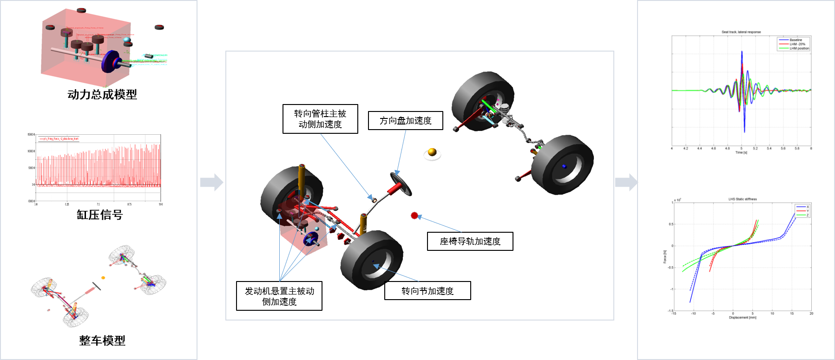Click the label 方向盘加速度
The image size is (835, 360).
point(405,121)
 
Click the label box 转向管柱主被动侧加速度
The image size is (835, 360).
point(320,119)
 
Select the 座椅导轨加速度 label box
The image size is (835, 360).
point(470,242)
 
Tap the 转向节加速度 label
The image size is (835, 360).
point(427,290)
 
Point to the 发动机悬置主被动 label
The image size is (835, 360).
point(279,290)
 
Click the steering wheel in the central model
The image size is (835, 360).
point(401,183)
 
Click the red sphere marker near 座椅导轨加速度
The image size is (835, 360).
point(414,216)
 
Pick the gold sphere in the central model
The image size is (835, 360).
point(432,152)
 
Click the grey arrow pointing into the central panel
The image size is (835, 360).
point(212,182)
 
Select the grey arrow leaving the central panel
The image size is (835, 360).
point(626,182)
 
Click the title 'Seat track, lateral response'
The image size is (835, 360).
point(741,32)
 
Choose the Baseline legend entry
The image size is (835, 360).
point(796,40)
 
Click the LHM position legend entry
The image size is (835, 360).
point(799,48)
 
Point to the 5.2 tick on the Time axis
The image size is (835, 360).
point(755,149)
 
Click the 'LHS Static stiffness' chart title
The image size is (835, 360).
point(742,199)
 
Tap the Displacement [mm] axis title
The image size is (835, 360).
point(742,318)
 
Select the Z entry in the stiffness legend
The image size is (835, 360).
point(807,215)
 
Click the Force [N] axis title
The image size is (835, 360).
point(665,257)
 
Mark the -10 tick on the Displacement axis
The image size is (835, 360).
point(693,314)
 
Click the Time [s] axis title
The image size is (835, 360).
point(741,152)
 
